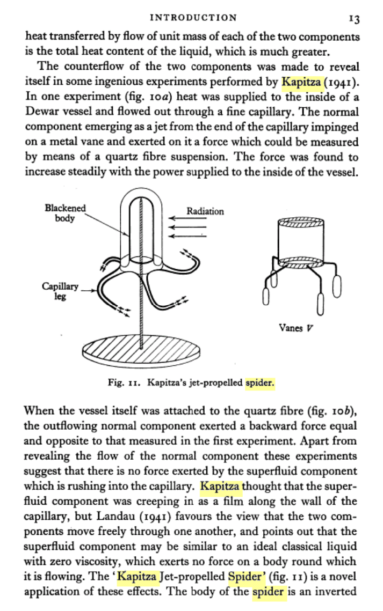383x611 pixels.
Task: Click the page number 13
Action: pyautogui.click(x=353, y=18)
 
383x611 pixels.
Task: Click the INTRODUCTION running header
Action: pyautogui.click(x=193, y=17)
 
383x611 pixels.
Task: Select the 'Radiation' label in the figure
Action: pyautogui.click(x=205, y=211)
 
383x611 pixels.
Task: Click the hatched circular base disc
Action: pyautogui.click(x=142, y=352)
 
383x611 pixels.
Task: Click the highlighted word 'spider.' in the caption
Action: pyautogui.click(x=260, y=384)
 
